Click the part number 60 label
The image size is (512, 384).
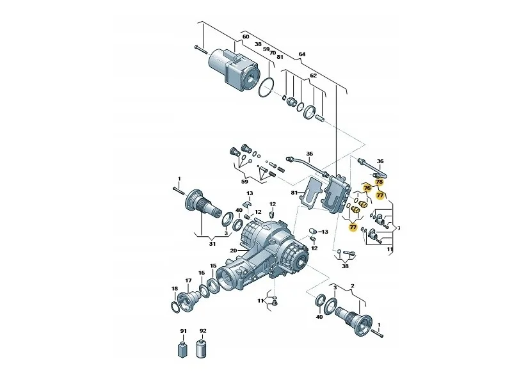click(246, 36)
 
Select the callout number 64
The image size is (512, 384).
click(302, 54)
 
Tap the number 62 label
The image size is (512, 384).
click(313, 76)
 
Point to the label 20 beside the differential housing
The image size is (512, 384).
click(233, 251)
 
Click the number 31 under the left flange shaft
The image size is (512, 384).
click(212, 244)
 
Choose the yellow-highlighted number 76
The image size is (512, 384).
click(367, 188)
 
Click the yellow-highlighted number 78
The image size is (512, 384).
click(379, 182)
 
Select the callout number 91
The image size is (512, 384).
click(184, 331)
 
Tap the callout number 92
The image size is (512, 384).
click(203, 331)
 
